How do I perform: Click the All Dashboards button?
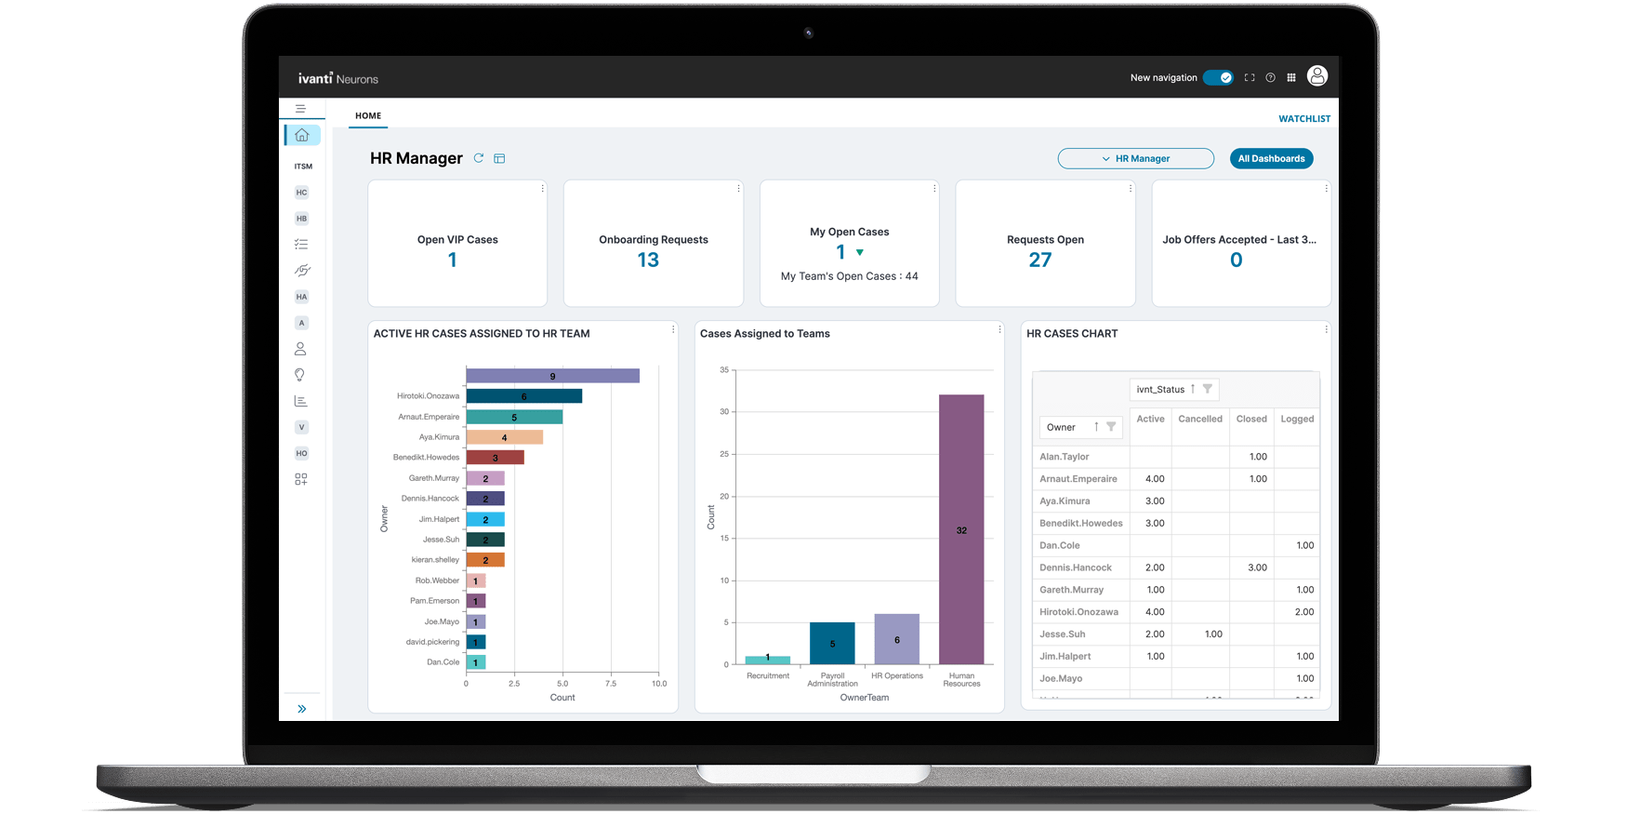pyautogui.click(x=1271, y=159)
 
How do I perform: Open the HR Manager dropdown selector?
pyautogui.click(x=1135, y=159)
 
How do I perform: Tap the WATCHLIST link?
pyautogui.click(x=1303, y=119)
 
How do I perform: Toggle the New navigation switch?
pyautogui.click(x=1218, y=78)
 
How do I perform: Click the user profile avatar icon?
pyautogui.click(x=1316, y=77)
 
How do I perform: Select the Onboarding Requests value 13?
pyautogui.click(x=648, y=260)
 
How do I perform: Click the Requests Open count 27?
pyautogui.click(x=1039, y=260)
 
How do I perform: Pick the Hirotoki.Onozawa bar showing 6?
pyautogui.click(x=523, y=396)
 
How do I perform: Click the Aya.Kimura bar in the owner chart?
pyautogui.click(x=504, y=437)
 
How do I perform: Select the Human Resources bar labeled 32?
pyautogui.click(x=961, y=529)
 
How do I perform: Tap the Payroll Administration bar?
pyautogui.click(x=832, y=643)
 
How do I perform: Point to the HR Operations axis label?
pyautogui.click(x=897, y=676)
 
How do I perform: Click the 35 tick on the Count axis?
pyautogui.click(x=724, y=370)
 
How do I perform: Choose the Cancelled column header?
pyautogui.click(x=1199, y=420)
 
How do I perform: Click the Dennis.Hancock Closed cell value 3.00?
pyautogui.click(x=1257, y=567)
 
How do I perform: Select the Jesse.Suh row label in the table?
pyautogui.click(x=1063, y=634)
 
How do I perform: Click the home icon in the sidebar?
pyautogui.click(x=302, y=136)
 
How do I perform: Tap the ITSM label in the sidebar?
pyautogui.click(x=303, y=167)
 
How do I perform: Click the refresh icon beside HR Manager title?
pyautogui.click(x=479, y=158)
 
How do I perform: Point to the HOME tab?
pyautogui.click(x=368, y=116)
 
